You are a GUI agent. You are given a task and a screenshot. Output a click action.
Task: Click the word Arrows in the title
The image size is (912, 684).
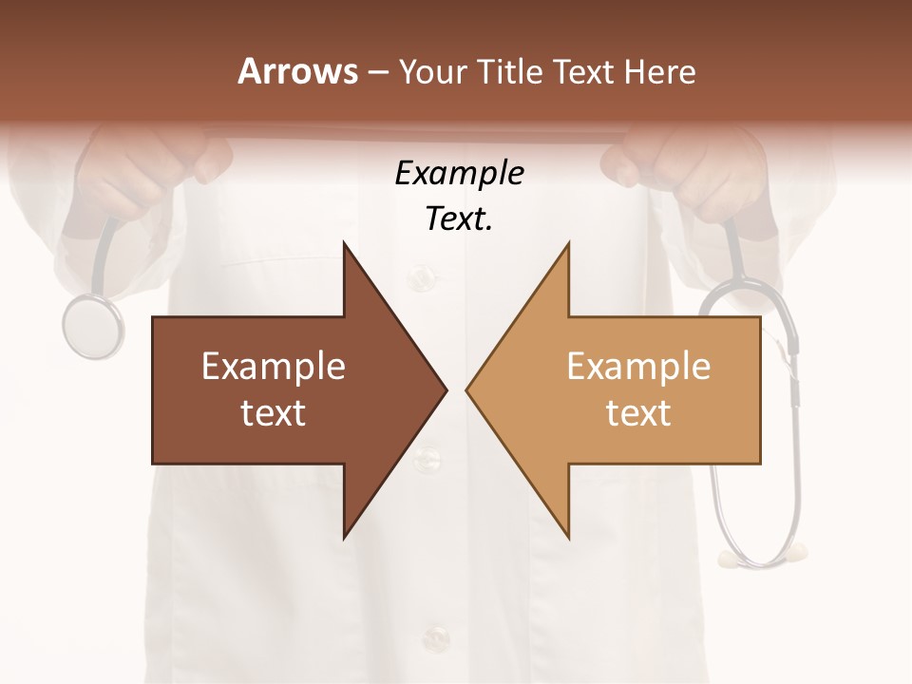click(297, 71)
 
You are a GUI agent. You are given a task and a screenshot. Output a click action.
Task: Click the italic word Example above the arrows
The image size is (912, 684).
click(459, 173)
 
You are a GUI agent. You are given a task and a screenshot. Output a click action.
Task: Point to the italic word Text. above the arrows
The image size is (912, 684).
click(459, 219)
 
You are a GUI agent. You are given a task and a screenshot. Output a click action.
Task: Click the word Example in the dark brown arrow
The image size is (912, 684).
click(274, 367)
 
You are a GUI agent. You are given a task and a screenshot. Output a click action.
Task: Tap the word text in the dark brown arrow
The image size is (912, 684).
click(274, 413)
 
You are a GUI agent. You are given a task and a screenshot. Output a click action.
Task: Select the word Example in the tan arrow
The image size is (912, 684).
click(638, 367)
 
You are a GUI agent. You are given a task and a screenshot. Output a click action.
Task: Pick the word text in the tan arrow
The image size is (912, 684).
click(638, 413)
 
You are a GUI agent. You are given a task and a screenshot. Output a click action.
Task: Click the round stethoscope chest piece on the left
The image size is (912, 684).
click(93, 326)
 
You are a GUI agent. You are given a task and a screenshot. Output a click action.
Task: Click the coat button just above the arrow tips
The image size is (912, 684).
click(419, 277)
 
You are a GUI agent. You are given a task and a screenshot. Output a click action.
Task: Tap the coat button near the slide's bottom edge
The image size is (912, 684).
click(434, 635)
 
